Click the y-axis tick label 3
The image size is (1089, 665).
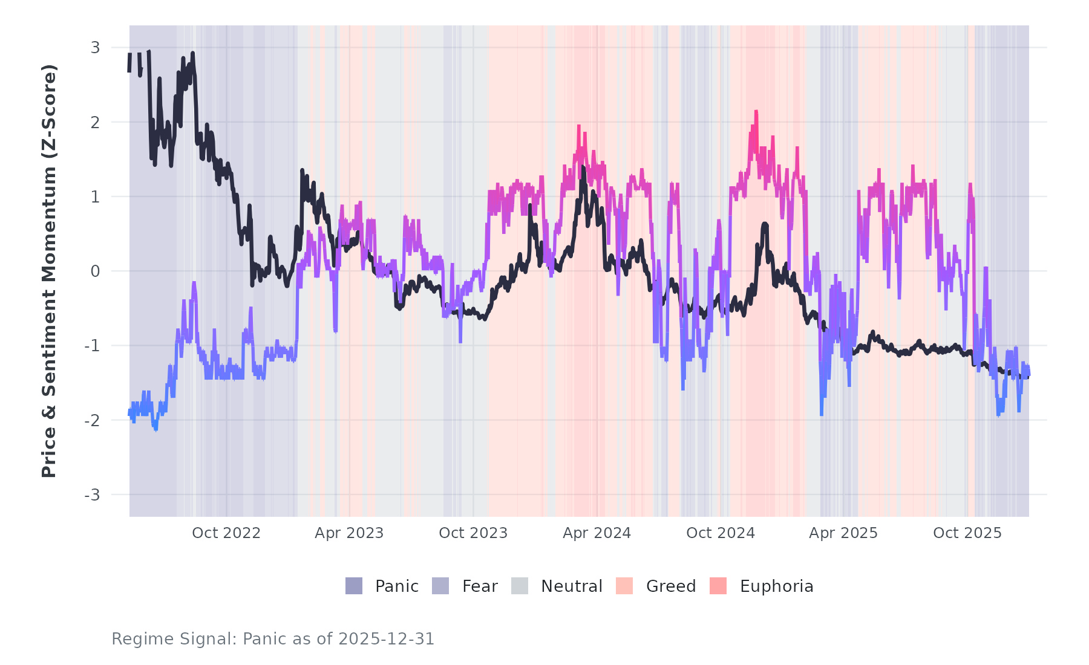95,48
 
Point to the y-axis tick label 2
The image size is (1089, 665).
95,122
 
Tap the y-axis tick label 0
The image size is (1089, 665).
95,271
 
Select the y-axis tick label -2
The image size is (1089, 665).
92,420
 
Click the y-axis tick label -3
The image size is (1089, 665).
92,495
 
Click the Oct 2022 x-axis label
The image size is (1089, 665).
226,533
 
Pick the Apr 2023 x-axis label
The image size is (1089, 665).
349,533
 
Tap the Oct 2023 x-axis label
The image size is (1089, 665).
473,533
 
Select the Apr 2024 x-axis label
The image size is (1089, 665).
597,533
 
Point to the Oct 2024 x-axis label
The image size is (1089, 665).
721,533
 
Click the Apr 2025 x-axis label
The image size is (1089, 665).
843,533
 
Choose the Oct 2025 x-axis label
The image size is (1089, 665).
967,533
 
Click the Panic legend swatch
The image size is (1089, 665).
354,586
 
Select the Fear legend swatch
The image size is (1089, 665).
440,586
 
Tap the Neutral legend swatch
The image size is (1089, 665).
520,586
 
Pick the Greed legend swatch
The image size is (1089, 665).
624,586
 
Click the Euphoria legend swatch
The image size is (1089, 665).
718,586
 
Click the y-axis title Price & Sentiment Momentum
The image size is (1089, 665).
49,271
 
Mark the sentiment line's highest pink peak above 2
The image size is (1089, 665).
756,112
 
